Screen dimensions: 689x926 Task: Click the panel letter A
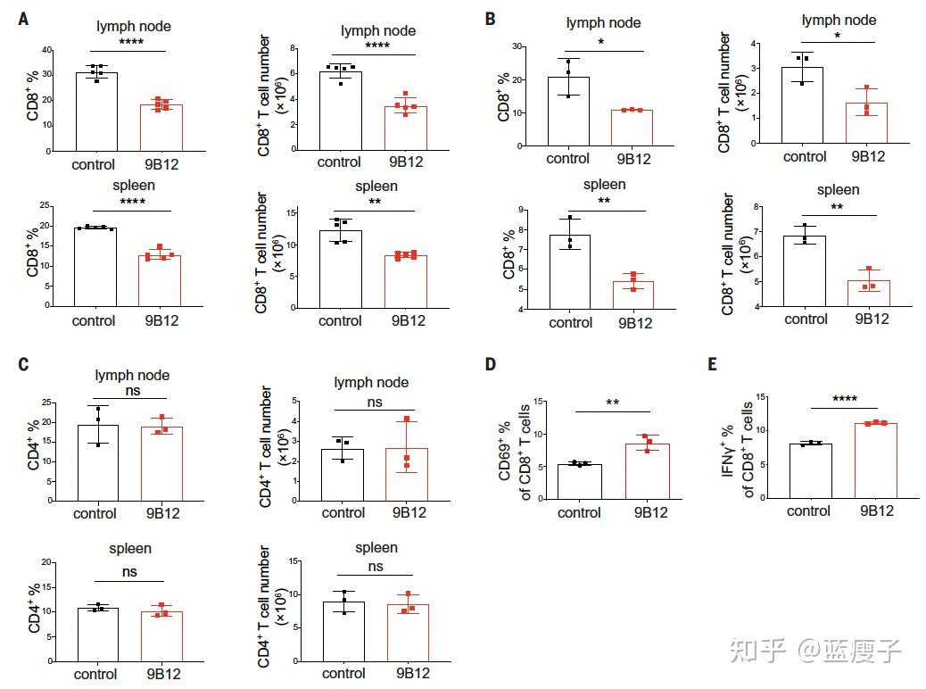point(23,18)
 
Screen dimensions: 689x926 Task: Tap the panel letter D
point(490,364)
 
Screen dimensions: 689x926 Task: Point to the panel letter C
point(24,364)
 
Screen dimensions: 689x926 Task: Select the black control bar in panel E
point(810,470)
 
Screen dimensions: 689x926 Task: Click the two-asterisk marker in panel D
point(613,403)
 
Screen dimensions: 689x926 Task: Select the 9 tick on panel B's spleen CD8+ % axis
point(522,209)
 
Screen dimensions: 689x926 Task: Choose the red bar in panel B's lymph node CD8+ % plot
point(632,127)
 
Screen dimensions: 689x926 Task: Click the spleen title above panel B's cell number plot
point(838,189)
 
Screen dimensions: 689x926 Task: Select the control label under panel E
point(809,511)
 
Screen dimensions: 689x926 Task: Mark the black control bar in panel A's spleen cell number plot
point(341,269)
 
